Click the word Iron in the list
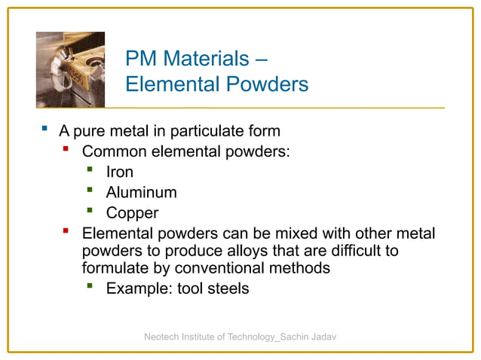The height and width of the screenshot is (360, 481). pyautogui.click(x=119, y=172)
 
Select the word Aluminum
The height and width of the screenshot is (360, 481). pyautogui.click(x=141, y=192)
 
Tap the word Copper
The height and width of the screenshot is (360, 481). pyautogui.click(x=132, y=213)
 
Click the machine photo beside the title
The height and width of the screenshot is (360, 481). pyautogui.click(x=70, y=70)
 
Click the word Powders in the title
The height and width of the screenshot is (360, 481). pyautogui.click(x=268, y=84)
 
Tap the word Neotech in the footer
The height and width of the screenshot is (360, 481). pyautogui.click(x=163, y=336)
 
